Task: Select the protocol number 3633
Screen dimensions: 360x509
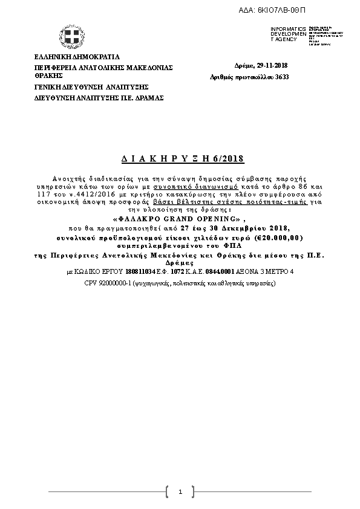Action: [x=281, y=77]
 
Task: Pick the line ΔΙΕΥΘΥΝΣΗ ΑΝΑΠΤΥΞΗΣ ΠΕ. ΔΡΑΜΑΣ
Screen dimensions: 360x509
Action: [x=99, y=97]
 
